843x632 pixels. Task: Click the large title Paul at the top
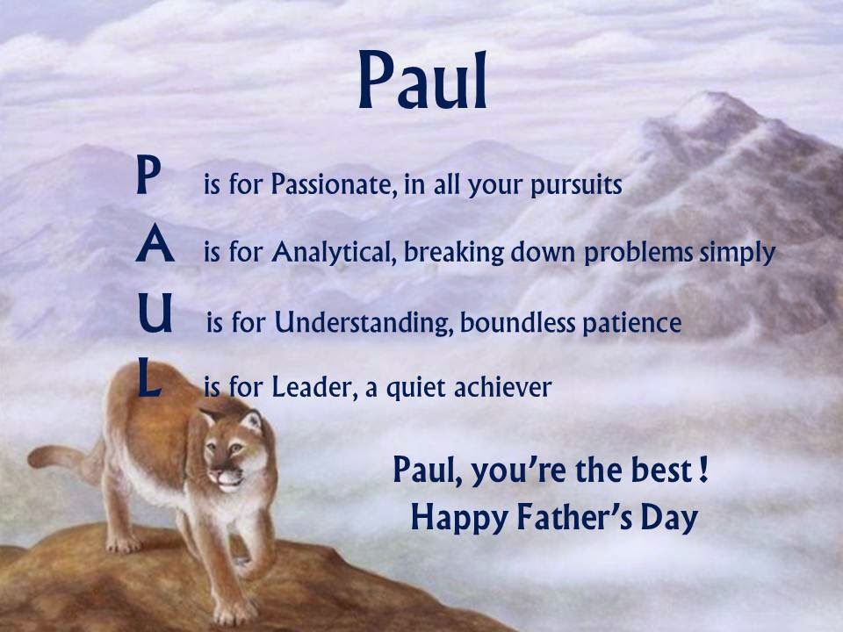[422, 80]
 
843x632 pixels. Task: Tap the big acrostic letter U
[155, 312]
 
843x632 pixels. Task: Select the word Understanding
[364, 322]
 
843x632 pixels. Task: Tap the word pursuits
[576, 186]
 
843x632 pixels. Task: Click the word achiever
[502, 387]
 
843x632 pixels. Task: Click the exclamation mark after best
[703, 469]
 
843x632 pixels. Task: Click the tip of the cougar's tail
[32, 458]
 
